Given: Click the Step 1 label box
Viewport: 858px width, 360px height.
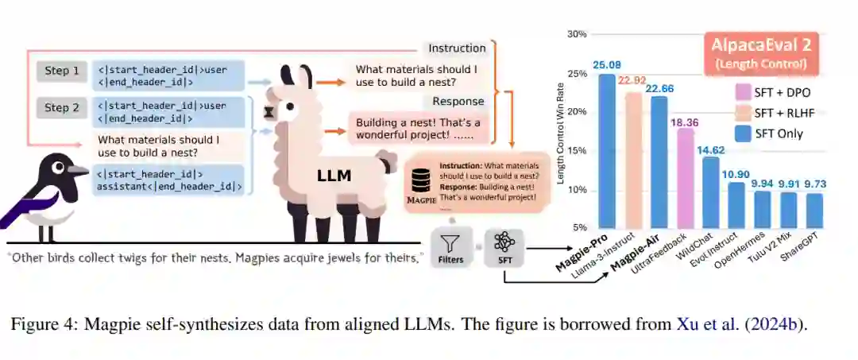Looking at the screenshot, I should (x=61, y=72).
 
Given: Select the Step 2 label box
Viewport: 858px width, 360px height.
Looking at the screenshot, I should (x=61, y=108).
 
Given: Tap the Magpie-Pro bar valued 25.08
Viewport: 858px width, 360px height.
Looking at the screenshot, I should (x=608, y=150).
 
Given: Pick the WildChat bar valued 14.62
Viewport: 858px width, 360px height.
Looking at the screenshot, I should (x=711, y=192).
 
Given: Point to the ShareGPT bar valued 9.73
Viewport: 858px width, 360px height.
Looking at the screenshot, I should (x=814, y=210).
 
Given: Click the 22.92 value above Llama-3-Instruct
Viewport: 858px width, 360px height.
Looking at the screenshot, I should (x=633, y=80).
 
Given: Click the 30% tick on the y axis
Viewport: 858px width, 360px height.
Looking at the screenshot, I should (x=576, y=34).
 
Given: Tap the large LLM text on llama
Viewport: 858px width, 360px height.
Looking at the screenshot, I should (x=334, y=175).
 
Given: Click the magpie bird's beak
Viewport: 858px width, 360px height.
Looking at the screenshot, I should (x=78, y=171).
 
